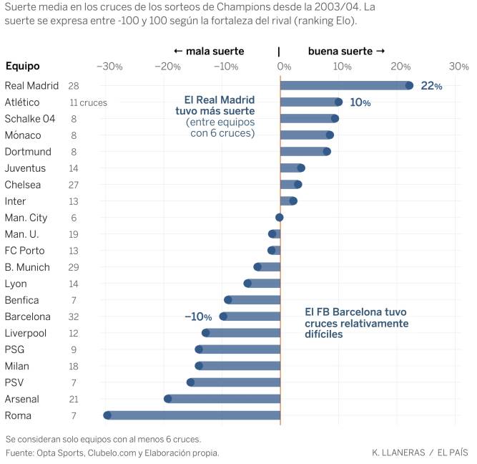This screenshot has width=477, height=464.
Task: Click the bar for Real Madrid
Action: [343, 86]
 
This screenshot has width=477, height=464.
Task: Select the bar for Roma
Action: [193, 415]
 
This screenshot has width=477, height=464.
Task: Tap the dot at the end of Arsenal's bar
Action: [167, 399]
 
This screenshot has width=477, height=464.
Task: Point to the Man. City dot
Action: [280, 218]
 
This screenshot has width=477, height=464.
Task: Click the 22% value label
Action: [431, 86]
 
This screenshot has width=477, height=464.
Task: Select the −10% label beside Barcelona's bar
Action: [198, 316]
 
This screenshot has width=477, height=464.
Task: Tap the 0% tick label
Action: [284, 67]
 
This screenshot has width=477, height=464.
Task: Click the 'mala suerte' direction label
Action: [209, 52]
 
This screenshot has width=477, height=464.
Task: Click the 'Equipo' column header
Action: [23, 67]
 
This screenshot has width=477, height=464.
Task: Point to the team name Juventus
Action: [25, 168]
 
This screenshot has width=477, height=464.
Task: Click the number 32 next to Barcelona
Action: [74, 316]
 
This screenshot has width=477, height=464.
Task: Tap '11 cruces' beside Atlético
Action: [88, 102]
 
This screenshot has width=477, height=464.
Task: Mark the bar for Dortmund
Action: [304, 152]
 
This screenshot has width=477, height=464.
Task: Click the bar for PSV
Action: [235, 382]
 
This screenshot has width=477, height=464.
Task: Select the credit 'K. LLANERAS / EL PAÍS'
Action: [420, 453]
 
